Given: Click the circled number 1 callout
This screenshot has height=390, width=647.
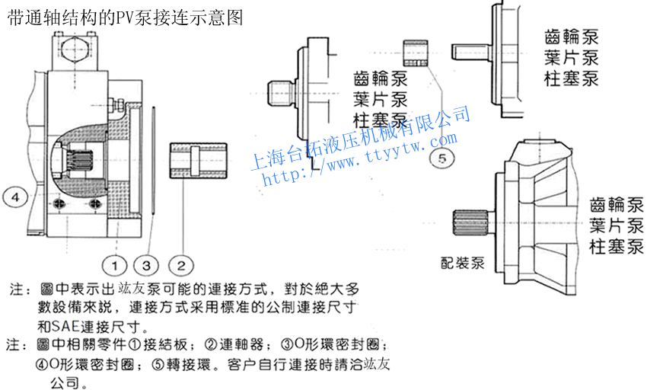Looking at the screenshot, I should tap(116, 265).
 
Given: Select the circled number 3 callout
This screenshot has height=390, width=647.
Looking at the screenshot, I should tap(147, 265).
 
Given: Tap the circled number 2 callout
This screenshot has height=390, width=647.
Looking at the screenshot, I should tap(181, 265).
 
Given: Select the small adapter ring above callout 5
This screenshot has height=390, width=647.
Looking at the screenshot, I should tap(416, 51).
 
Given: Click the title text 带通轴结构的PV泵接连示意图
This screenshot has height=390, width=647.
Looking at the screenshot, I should tap(125, 18).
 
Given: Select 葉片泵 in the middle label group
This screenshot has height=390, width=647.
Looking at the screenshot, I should tap(381, 98).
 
